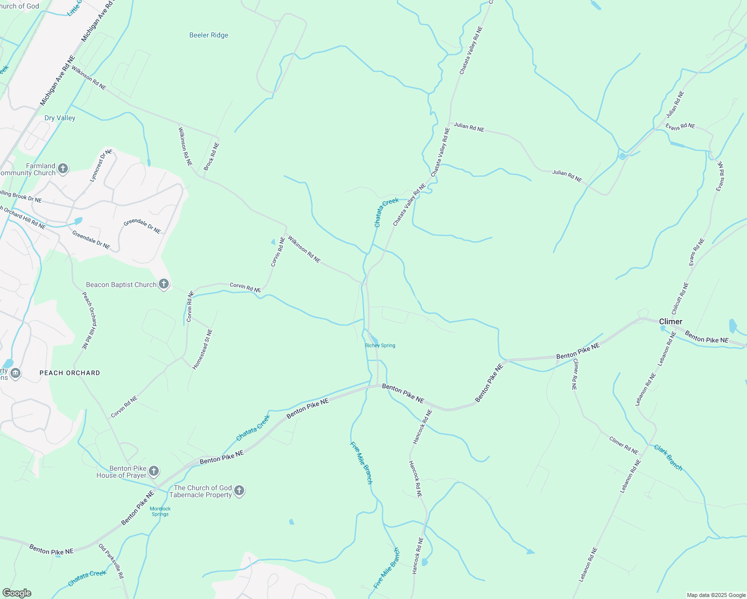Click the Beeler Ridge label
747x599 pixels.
(209, 35)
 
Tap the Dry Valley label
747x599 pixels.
(60, 118)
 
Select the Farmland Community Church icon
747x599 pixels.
(63, 169)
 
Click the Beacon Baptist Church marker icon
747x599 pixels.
(163, 285)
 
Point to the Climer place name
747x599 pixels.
(671, 321)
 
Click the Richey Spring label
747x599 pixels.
(380, 345)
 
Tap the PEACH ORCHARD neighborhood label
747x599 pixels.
(70, 373)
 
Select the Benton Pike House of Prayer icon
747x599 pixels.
(154, 471)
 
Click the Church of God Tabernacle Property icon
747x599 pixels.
(239, 491)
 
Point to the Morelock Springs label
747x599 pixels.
(160, 511)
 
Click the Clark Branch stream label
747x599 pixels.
(668, 457)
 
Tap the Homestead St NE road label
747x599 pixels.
(203, 349)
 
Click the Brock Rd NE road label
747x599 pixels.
(211, 156)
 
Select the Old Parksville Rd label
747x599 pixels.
(111, 561)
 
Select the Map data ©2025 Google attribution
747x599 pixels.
(716, 595)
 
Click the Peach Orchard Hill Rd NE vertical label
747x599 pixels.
(90, 320)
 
